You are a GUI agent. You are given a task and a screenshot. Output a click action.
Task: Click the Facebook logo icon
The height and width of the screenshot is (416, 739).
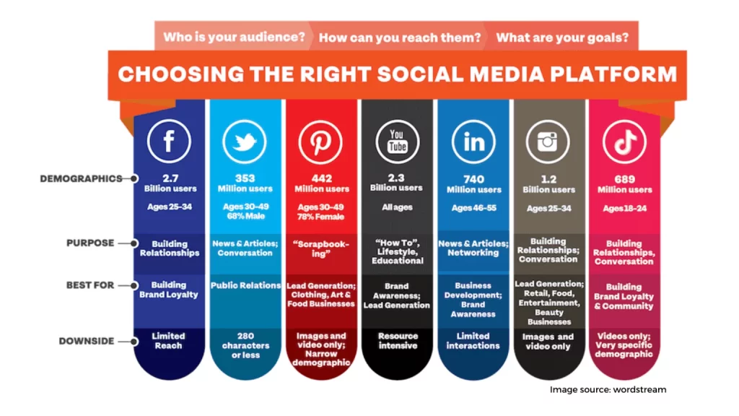coord(169,141)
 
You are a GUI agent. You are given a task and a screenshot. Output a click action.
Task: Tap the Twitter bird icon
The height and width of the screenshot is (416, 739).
coord(245,142)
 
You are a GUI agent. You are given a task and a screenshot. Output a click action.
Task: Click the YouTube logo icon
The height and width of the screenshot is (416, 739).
coord(398,142)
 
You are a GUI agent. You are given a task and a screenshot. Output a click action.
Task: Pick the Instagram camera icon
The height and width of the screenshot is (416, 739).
coord(548,142)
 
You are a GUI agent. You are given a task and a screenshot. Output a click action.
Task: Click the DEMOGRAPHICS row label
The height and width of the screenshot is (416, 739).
coord(81,179)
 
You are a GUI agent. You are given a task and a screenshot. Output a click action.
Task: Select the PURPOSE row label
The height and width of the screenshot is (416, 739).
coord(90,243)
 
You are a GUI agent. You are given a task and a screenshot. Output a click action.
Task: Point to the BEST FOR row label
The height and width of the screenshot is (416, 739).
coord(90,285)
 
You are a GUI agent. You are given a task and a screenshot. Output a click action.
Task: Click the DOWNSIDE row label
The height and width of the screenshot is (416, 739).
coord(87,341)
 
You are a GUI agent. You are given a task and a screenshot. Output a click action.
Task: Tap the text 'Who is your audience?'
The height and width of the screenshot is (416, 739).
coord(235,37)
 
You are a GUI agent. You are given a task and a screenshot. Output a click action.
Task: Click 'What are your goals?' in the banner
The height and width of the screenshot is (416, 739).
coord(562,38)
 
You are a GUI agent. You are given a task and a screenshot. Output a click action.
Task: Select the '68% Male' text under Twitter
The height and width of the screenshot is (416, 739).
coord(245,216)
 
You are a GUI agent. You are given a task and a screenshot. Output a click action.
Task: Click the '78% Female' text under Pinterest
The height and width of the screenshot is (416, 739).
coord(320,217)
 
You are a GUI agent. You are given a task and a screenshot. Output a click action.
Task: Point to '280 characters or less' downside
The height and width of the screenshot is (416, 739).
coord(245,345)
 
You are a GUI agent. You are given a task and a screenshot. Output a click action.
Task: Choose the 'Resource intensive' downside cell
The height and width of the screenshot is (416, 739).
coord(398,341)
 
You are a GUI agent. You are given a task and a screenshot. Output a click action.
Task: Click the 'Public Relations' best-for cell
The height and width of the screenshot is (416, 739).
coord(245,285)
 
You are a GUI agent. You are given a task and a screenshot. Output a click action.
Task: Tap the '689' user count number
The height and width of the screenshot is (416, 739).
coord(624,179)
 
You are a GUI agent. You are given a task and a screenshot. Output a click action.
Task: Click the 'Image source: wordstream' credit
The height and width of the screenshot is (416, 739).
coord(608,389)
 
